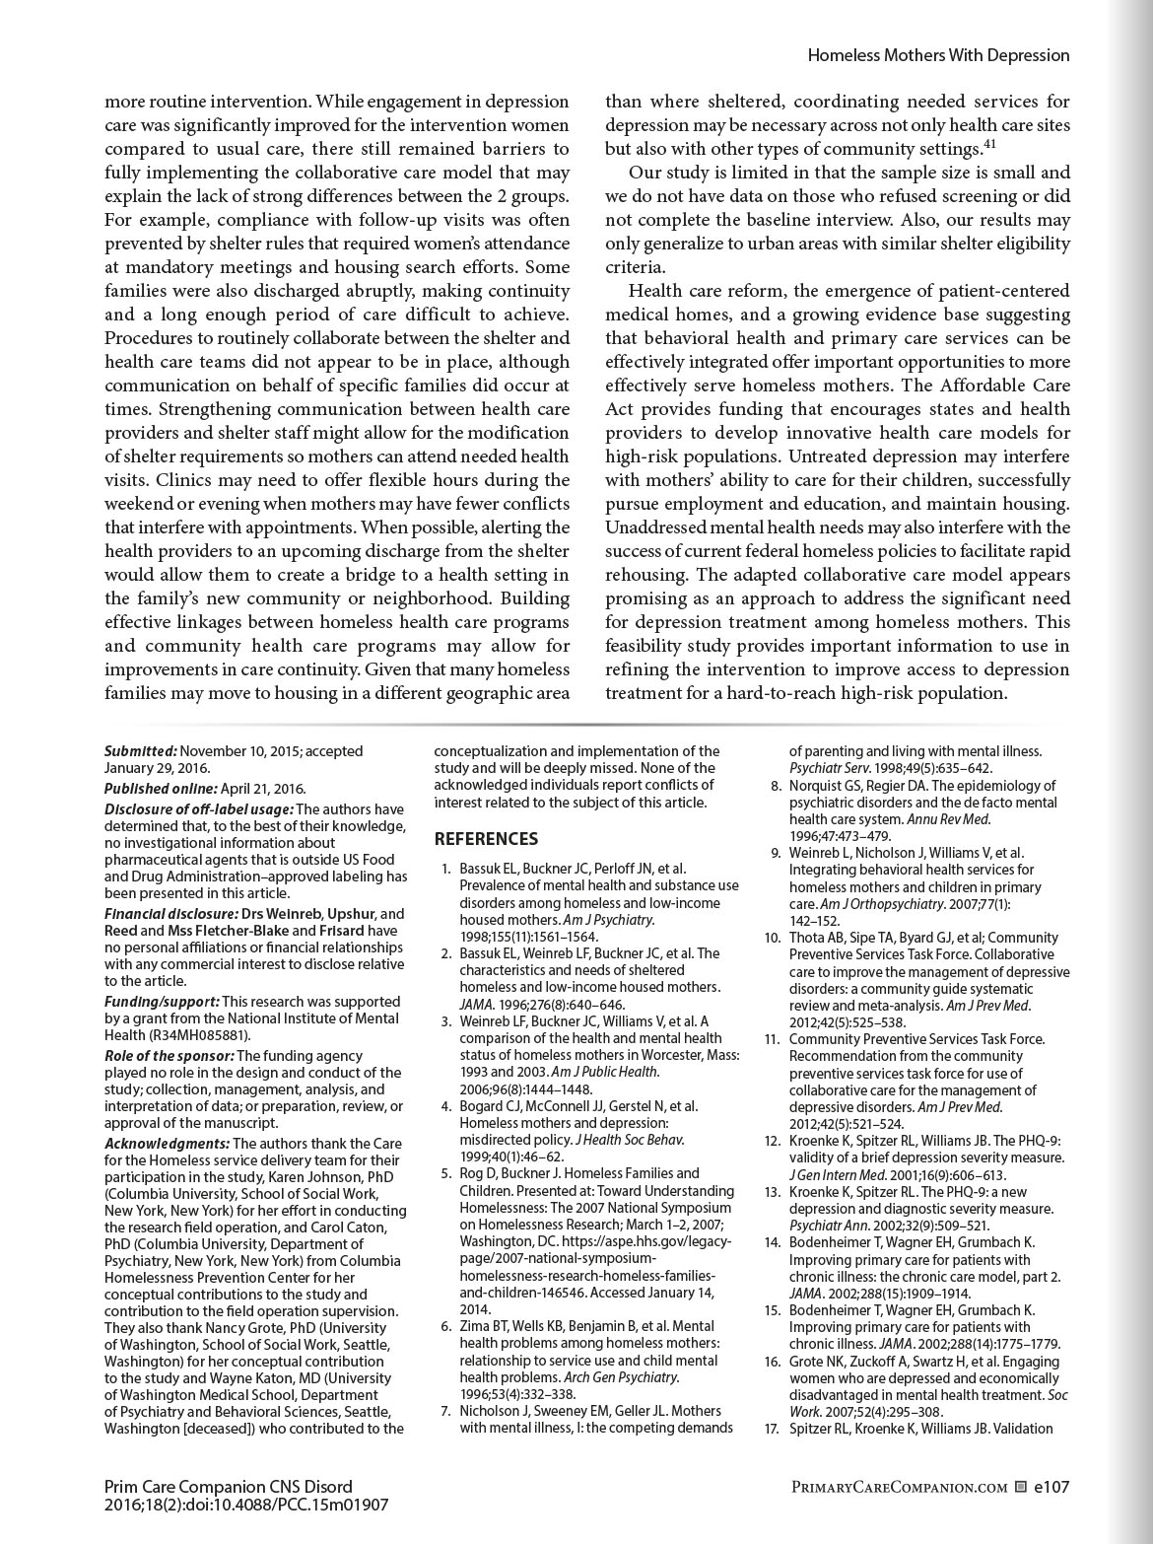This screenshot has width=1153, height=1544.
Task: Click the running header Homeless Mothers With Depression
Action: coord(938,56)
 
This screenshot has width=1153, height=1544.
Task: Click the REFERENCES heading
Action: coord(487,839)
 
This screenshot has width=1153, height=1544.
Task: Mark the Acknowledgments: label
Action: coord(167,1144)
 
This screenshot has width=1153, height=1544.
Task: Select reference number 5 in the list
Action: coord(446,1173)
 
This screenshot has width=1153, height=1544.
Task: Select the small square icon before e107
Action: coord(1021,1487)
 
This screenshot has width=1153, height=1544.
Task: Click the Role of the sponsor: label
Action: coord(169,1055)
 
